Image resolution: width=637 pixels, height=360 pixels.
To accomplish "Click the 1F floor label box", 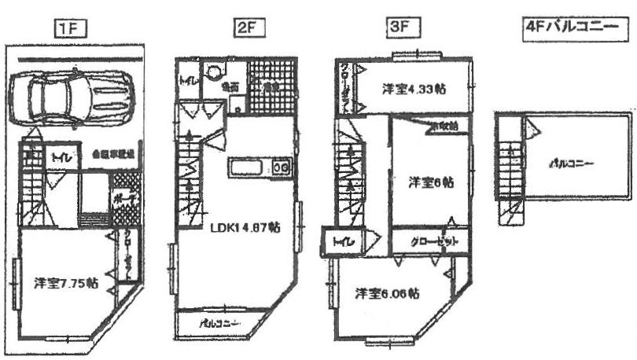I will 70,29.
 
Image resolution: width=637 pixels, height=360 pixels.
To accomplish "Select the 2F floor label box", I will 247,29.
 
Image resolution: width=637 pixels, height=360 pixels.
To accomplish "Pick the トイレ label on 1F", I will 59,157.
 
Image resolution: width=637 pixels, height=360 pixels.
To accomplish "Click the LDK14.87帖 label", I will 245,228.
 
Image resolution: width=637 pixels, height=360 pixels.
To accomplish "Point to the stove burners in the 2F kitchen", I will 282,167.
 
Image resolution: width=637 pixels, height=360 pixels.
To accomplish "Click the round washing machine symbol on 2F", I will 214,72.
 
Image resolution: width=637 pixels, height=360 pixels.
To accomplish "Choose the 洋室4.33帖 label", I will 414,89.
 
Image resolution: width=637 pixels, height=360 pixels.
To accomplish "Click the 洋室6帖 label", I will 430,182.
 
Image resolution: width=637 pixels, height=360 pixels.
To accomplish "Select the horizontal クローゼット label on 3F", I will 431,241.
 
